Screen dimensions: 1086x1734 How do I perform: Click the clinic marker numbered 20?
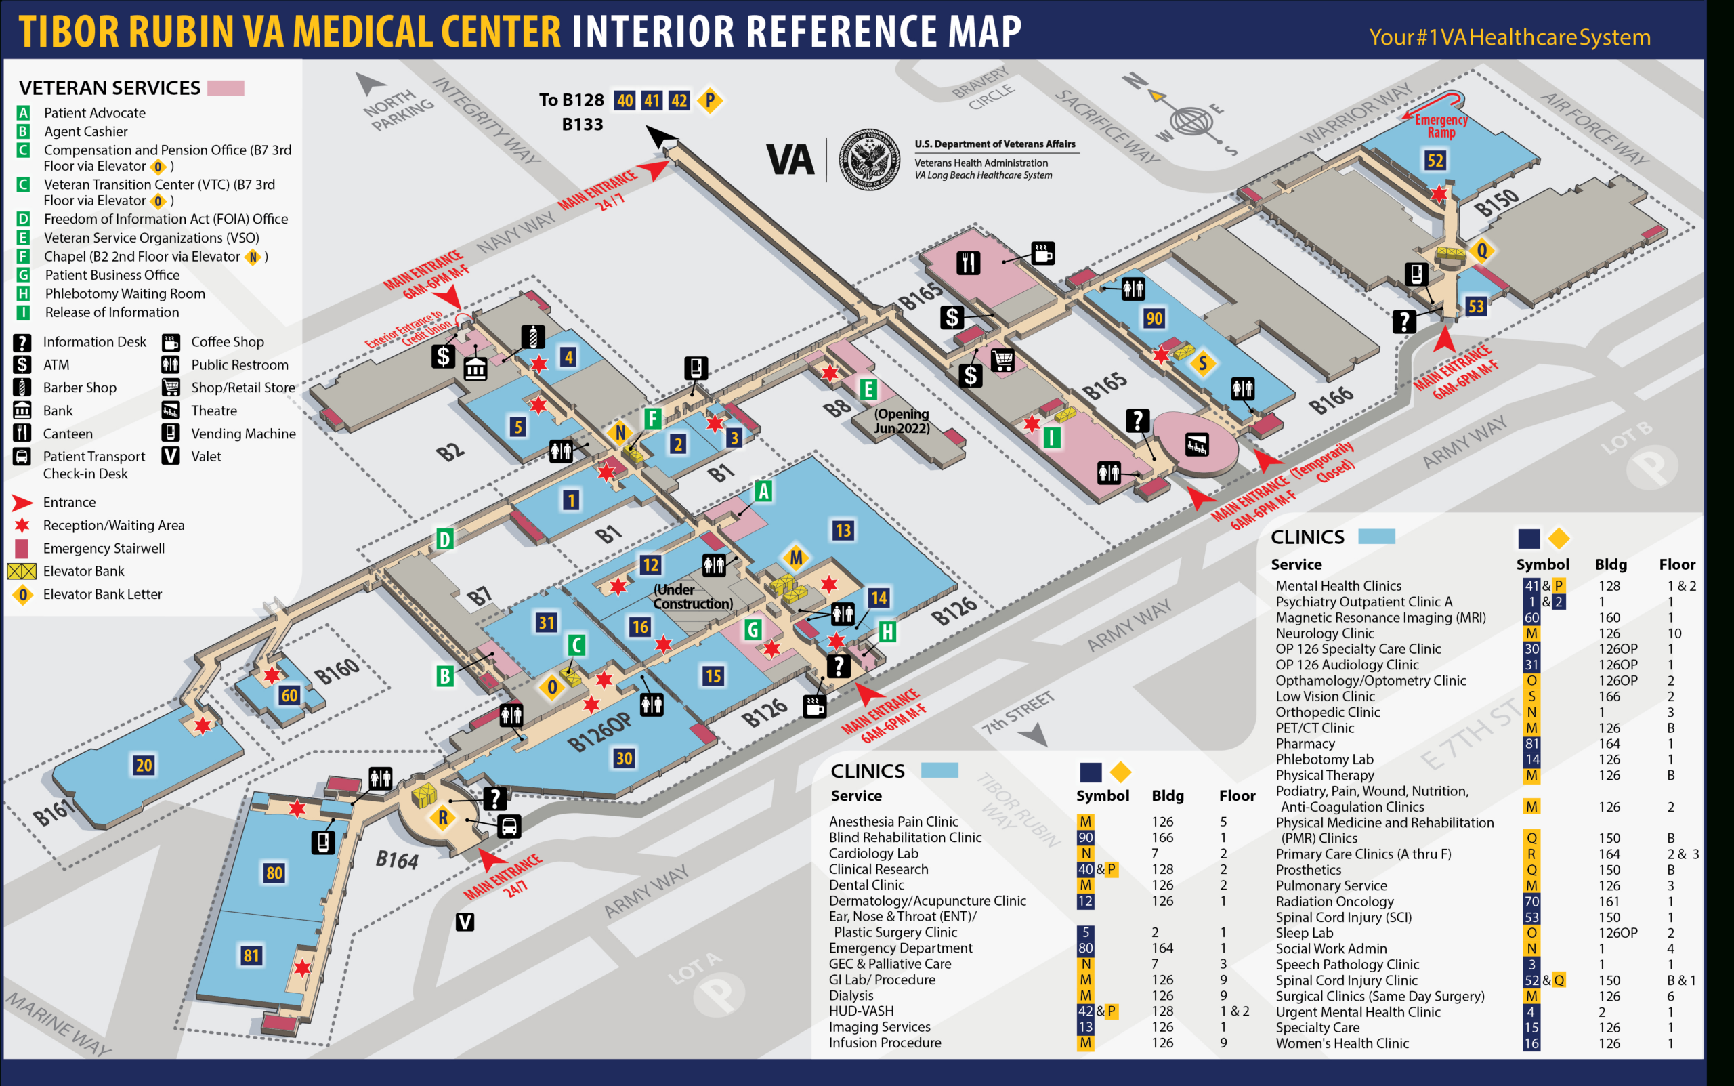tap(144, 765)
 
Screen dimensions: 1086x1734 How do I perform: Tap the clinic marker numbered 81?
tap(251, 955)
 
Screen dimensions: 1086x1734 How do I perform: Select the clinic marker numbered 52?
tap(1435, 160)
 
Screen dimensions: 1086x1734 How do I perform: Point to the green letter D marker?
tap(444, 539)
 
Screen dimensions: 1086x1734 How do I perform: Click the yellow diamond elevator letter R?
tap(443, 817)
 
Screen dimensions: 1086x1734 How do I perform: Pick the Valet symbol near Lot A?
tap(465, 921)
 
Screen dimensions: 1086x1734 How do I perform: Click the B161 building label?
tap(54, 812)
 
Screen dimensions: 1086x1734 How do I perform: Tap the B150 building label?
tap(1496, 202)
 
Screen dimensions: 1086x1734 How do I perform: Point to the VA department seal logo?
tap(870, 159)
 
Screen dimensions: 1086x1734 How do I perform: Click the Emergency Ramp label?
tap(1440, 126)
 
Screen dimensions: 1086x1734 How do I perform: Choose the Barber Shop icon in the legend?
tap(22, 388)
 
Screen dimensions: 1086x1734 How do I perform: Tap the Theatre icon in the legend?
tap(170, 411)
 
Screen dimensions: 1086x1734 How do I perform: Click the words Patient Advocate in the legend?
tap(95, 112)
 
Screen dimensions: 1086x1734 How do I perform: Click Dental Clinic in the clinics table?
tap(866, 885)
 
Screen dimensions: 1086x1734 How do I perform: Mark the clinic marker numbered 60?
tap(289, 694)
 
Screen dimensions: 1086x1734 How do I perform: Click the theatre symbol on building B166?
tap(1196, 444)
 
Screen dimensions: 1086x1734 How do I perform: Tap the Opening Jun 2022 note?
tap(901, 421)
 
